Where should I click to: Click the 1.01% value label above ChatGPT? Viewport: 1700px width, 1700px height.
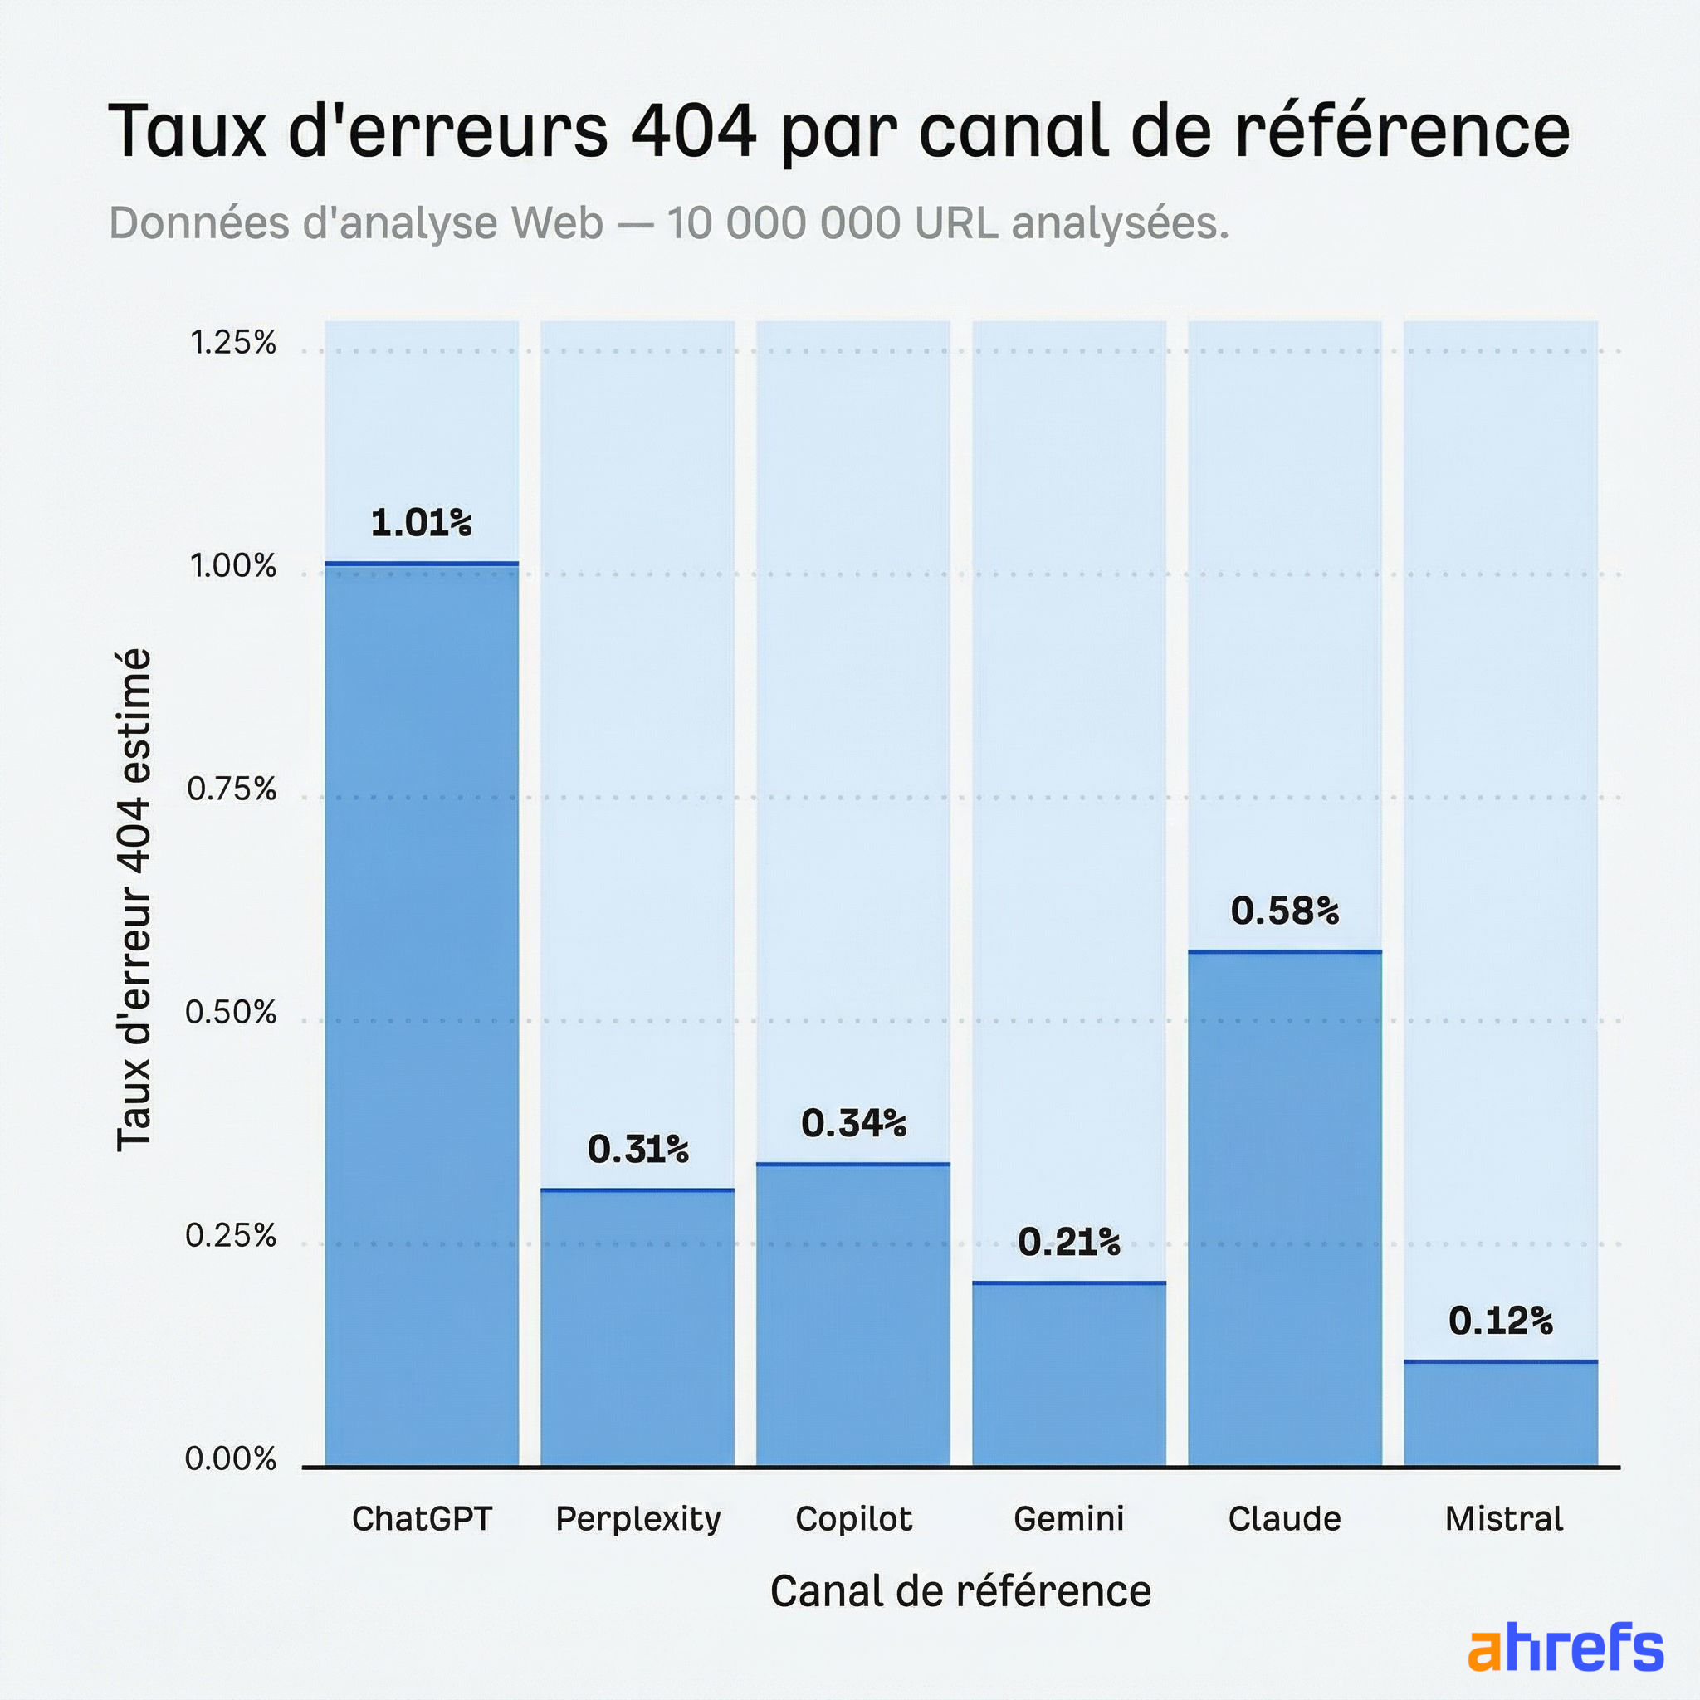click(x=421, y=524)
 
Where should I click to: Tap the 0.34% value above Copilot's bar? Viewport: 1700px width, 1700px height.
click(x=852, y=1124)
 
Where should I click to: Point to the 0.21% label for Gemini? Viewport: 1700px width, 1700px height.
click(x=1068, y=1243)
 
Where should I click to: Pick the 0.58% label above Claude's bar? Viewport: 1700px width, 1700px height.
click(x=1284, y=911)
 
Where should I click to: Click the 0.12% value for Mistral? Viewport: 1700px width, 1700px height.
click(x=1500, y=1321)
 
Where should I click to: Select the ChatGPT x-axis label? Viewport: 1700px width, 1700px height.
click(x=422, y=1519)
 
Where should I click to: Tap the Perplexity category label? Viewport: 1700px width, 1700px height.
click(x=638, y=1519)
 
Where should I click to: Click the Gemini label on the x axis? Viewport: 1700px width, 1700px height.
click(x=1068, y=1519)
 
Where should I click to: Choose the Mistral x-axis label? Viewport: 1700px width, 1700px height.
click(x=1503, y=1519)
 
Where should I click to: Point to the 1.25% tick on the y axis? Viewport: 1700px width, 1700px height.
click(x=233, y=342)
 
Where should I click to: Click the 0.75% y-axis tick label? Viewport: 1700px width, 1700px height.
click(x=232, y=789)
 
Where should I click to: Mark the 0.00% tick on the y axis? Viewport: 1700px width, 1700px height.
click(x=231, y=1459)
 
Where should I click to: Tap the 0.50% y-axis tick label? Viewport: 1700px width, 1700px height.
click(x=231, y=1013)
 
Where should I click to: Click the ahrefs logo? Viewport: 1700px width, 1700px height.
click(x=1566, y=1647)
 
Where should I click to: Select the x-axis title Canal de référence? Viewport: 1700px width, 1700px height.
click(x=960, y=1591)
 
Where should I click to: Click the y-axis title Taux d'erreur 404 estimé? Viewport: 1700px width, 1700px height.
click(x=134, y=899)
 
